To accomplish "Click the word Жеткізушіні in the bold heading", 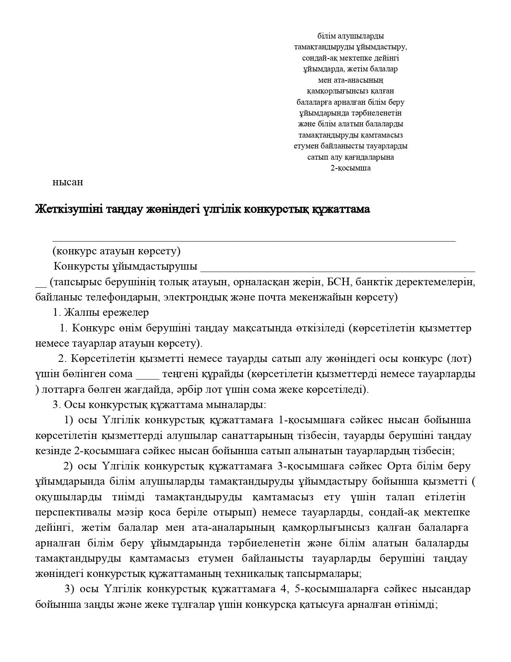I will pyautogui.click(x=64, y=209).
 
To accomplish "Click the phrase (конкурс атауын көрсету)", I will pyautogui.click(x=117, y=251).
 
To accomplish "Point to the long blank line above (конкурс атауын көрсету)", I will pyautogui.click(x=254, y=240).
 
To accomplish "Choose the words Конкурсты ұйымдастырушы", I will pyautogui.click(x=125, y=266).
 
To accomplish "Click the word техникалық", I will pyautogui.click(x=233, y=574).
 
